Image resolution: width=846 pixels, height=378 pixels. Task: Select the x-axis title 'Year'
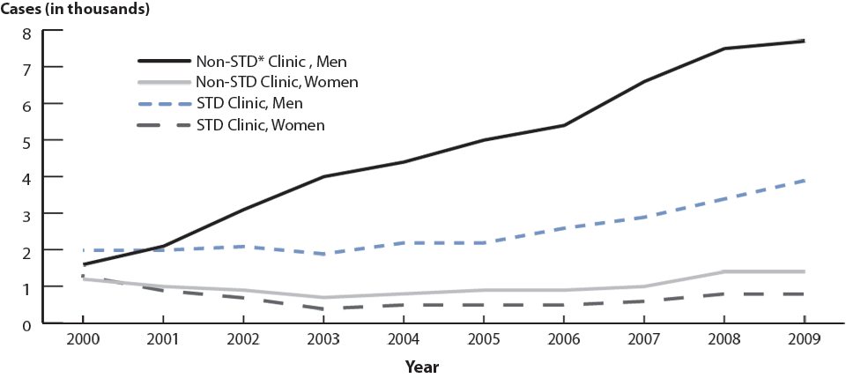(422, 366)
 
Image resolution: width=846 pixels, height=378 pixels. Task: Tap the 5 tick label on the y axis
(26, 141)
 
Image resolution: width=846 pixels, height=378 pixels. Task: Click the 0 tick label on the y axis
(26, 324)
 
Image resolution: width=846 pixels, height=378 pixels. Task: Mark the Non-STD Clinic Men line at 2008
(724, 48)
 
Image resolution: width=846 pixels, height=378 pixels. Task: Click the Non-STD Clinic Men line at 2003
(323, 177)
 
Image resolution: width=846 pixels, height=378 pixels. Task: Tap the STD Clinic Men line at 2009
(804, 180)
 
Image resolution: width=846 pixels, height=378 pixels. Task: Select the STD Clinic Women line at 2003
(323, 308)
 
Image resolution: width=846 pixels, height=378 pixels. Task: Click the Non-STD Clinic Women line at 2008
(724, 271)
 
